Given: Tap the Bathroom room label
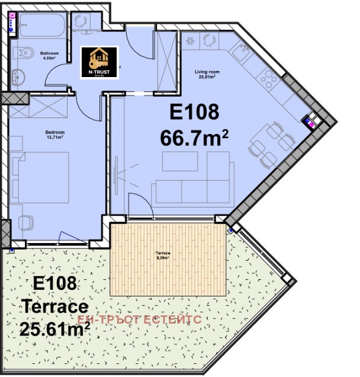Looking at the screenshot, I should coord(48,56).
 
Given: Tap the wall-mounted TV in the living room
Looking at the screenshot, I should coord(117,172).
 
